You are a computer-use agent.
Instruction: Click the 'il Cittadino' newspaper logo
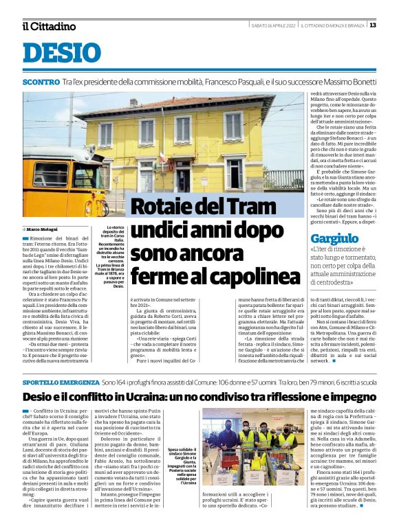tap(48, 26)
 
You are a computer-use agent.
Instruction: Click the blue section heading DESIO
tap(61, 53)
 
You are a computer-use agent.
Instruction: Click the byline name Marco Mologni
tap(43, 229)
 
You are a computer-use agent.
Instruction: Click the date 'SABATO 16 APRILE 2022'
tap(273, 25)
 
